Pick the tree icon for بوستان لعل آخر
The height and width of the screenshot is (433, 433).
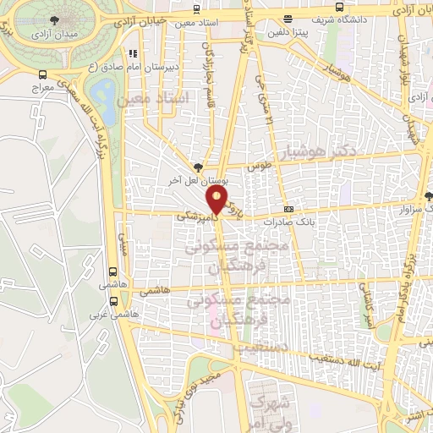coord(198,167)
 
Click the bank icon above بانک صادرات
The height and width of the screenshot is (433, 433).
coord(289,209)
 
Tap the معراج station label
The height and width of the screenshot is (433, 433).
coord(41,87)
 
